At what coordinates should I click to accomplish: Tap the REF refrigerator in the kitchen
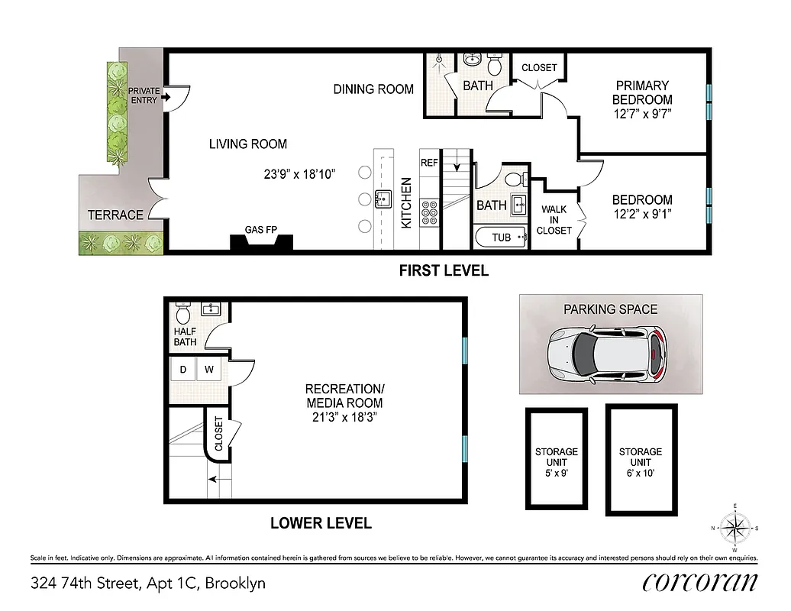tap(428, 163)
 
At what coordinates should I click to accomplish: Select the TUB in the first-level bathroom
tap(501, 238)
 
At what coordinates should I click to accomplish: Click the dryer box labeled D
tap(183, 370)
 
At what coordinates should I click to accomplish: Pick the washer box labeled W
tap(208, 370)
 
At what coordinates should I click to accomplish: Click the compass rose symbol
tap(734, 527)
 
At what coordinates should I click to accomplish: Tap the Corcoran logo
tap(700, 582)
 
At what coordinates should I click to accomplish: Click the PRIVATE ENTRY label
tap(144, 95)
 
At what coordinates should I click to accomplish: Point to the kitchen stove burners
tap(429, 212)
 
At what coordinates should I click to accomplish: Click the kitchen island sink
tap(383, 200)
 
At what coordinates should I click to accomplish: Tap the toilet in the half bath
tap(183, 313)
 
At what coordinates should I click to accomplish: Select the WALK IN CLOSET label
tap(554, 220)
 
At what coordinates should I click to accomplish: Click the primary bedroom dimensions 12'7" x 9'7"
tap(642, 114)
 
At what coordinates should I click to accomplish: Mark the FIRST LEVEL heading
tap(443, 270)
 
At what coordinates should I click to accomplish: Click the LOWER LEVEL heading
tap(321, 523)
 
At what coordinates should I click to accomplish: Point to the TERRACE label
tap(115, 215)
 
